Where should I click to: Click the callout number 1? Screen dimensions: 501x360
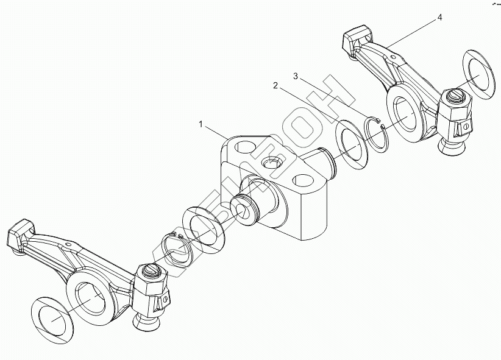pyautogui.click(x=201, y=124)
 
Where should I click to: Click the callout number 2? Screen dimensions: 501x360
pyautogui.click(x=275, y=87)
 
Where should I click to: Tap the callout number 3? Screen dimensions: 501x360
pyautogui.click(x=296, y=76)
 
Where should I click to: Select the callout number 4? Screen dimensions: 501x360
pyautogui.click(x=439, y=18)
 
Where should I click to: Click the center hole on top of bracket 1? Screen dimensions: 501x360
pyautogui.click(x=271, y=164)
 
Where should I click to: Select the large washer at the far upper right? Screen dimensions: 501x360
pyautogui.click(x=481, y=71)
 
